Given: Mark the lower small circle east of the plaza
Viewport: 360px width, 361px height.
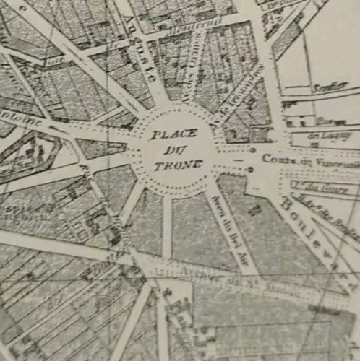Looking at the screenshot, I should pyautogui.click(x=250, y=170).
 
